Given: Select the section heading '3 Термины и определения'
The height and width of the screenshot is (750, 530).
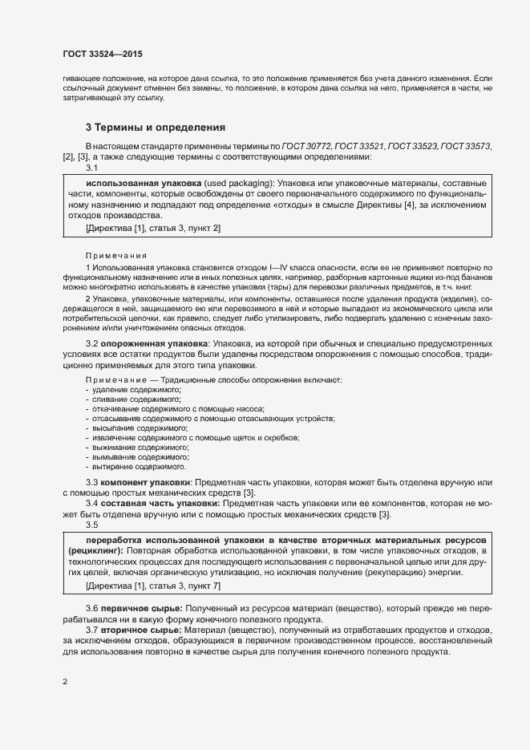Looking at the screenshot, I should [x=155, y=128].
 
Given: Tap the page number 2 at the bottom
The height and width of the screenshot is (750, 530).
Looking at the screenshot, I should [x=65, y=682].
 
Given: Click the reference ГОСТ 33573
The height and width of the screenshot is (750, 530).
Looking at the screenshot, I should [x=465, y=146].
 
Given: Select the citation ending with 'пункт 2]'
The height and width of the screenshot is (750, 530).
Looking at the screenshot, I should [x=152, y=229].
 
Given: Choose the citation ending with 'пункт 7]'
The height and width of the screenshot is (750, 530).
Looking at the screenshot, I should [x=152, y=587].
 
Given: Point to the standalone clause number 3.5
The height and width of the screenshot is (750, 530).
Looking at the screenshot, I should [x=91, y=525].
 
